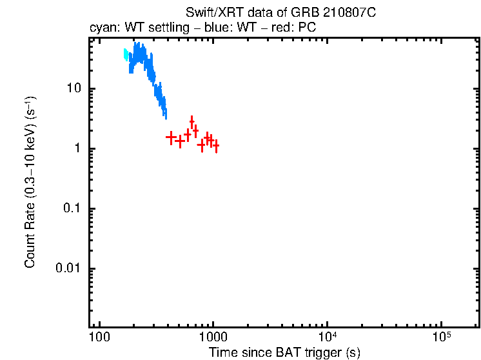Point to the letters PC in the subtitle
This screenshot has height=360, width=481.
click(306, 28)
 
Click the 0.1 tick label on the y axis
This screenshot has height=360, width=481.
click(76, 208)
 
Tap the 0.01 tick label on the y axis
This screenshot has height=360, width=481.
click(73, 268)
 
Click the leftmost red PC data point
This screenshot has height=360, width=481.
click(171, 137)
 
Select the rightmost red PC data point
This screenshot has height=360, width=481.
click(216, 146)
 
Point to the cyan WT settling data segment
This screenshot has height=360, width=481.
click(126, 55)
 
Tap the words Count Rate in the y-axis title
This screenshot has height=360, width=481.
click(30, 235)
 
